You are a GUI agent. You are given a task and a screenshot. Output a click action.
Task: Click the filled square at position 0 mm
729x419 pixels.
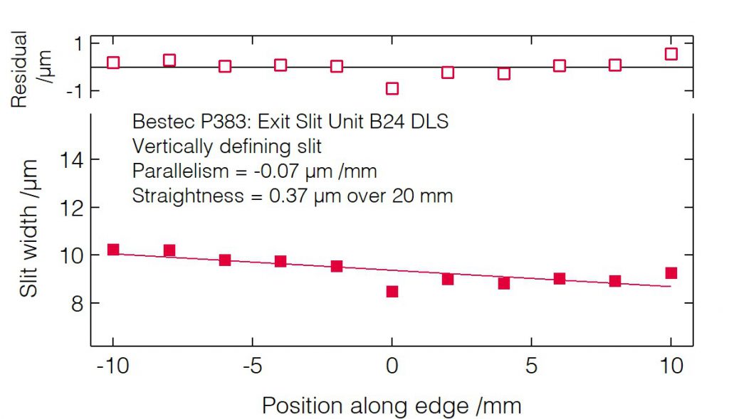[392, 291]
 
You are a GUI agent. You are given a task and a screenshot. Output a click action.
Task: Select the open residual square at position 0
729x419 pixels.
[392, 88]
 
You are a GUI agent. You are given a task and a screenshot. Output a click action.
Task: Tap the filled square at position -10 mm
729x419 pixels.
[113, 250]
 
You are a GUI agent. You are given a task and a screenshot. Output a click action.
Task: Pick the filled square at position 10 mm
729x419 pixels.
[671, 273]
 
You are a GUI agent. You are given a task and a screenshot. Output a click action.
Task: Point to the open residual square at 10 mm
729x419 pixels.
[671, 54]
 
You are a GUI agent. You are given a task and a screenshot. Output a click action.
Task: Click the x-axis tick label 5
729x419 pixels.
[531, 367]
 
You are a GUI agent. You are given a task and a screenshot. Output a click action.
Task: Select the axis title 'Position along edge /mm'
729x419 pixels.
[392, 405]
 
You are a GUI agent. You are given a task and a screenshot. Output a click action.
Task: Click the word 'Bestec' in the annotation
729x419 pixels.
[155, 122]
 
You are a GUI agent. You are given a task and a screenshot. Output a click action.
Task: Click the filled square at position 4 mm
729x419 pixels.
[503, 283]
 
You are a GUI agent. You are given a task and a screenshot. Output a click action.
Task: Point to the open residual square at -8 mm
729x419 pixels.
[169, 60]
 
